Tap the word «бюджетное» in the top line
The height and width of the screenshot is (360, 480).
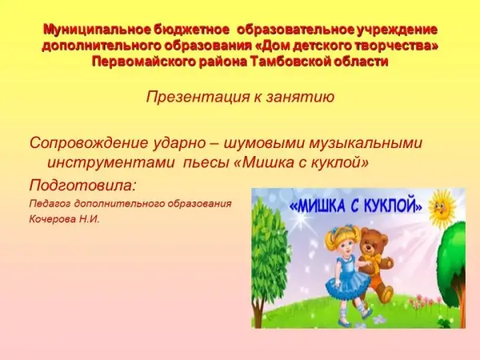[x=191, y=30]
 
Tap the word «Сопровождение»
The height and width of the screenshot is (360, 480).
[x=89, y=143]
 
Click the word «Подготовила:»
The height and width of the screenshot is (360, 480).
[x=82, y=186]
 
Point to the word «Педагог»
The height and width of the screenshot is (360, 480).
[x=50, y=204]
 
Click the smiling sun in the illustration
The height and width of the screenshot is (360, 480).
[x=442, y=209]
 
